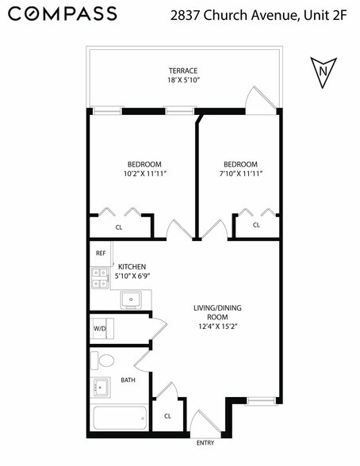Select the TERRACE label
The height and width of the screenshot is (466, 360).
pyautogui.click(x=183, y=70)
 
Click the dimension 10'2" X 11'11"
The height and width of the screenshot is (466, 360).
pyautogui.click(x=144, y=173)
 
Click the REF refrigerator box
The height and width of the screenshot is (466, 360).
pyautogui.click(x=101, y=254)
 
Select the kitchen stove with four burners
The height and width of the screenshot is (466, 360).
pyautogui.click(x=100, y=277)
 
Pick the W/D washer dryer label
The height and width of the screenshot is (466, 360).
pyautogui.click(x=100, y=328)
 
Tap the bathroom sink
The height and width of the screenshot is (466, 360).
pyautogui.click(x=100, y=388)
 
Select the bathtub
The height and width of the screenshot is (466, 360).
pyautogui.click(x=119, y=418)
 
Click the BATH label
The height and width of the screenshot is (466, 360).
pyautogui.click(x=128, y=380)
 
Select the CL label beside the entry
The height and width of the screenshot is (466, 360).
pyautogui.click(x=167, y=415)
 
